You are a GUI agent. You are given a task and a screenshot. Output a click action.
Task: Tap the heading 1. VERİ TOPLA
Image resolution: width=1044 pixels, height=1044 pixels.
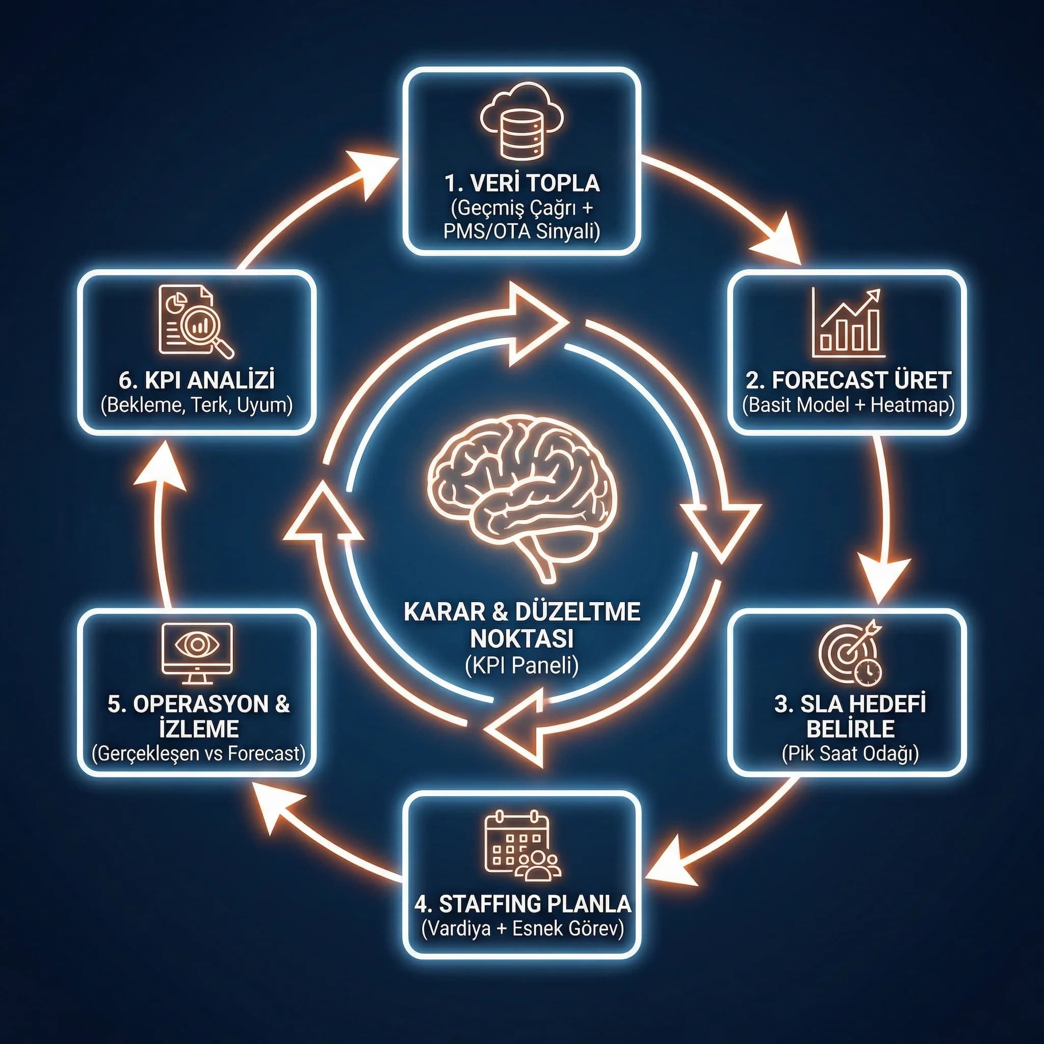(522, 183)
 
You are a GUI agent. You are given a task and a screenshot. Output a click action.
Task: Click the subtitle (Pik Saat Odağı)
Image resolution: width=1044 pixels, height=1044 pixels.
(850, 753)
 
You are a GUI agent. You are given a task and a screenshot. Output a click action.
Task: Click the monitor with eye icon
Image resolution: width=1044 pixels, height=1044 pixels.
(197, 648)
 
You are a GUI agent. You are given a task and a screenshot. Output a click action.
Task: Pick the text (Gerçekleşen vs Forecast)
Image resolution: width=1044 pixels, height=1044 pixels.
(198, 753)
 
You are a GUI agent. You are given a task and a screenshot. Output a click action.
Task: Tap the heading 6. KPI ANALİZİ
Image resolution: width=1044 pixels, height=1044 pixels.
(197, 380)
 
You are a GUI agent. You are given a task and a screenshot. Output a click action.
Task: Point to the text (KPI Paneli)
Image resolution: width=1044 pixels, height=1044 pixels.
(521, 665)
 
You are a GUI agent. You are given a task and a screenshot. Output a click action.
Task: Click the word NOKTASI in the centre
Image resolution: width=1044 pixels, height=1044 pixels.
(521, 639)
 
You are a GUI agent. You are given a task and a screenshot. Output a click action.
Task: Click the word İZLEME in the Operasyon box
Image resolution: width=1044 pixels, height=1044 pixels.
(199, 728)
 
